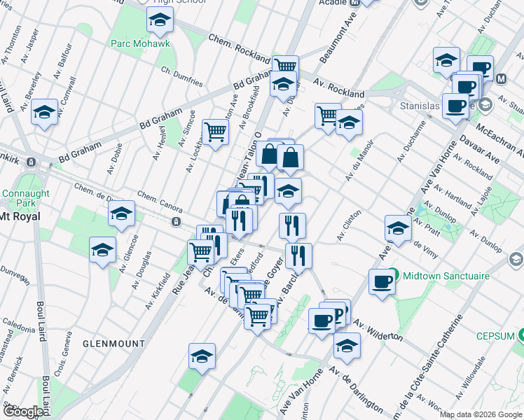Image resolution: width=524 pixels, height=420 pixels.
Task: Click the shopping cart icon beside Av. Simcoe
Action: coord(215,130)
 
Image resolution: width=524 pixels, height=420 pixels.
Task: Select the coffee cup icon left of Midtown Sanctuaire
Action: coord(382,281)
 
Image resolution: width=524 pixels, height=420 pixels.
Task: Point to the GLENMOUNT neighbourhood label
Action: coord(113,344)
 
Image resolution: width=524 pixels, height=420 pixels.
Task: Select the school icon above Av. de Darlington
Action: coord(346,344)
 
